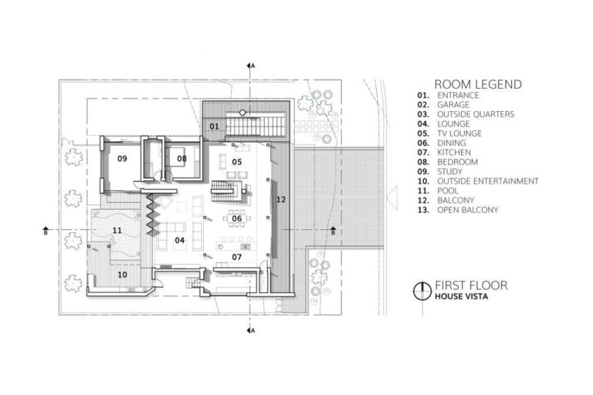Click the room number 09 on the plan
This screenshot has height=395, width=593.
point(122,158)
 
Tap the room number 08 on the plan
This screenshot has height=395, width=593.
point(182,159)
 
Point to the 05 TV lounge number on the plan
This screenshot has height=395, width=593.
point(237,161)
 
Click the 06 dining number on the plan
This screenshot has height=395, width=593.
point(237,218)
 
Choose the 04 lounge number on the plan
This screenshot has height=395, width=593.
point(179,241)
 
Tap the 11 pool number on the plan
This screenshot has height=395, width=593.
point(117,231)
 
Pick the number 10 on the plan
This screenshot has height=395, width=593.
point(122,274)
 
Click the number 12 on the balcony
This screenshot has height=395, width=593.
point(281,200)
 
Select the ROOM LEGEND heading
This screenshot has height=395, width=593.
point(478,83)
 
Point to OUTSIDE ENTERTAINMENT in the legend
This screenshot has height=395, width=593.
point(487,181)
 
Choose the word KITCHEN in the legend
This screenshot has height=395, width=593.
point(453,153)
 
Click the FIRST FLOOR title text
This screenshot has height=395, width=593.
point(470,284)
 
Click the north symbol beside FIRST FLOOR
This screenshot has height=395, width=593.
point(422,290)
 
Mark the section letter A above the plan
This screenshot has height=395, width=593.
point(252,66)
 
